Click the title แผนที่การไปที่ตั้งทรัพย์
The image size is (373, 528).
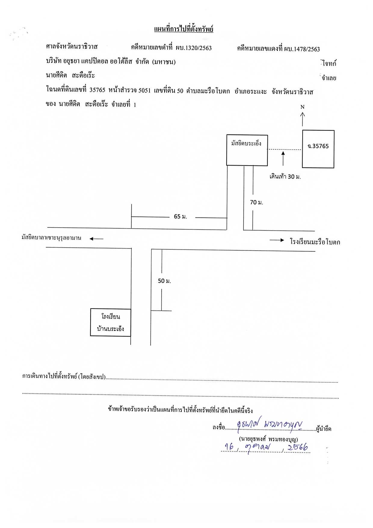pyautogui.click(x=183, y=29)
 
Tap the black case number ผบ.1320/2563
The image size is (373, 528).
pyautogui.click(x=194, y=48)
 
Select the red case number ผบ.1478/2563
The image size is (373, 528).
pyautogui.click(x=302, y=49)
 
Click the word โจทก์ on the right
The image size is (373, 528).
pyautogui.click(x=329, y=63)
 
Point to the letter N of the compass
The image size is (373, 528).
pyautogui.click(x=303, y=107)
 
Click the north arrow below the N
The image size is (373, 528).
pyautogui.click(x=303, y=119)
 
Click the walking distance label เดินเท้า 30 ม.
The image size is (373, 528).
pyautogui.click(x=285, y=176)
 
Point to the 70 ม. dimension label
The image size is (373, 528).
pyautogui.click(x=257, y=202)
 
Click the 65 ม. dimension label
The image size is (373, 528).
pyautogui.click(x=180, y=216)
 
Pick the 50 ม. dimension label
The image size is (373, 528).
pyautogui.click(x=164, y=281)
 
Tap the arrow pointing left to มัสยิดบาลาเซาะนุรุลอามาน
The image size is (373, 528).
pyautogui.click(x=97, y=239)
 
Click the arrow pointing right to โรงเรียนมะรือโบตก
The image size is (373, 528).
pyautogui.click(x=277, y=240)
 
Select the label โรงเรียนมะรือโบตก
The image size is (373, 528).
pyautogui.click(x=315, y=242)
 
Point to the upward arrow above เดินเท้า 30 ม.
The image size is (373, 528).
pyautogui.click(x=283, y=159)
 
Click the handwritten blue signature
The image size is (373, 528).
pyautogui.click(x=270, y=424)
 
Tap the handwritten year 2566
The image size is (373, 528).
pyautogui.click(x=297, y=447)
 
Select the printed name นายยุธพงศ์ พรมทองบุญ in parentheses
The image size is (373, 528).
pyautogui.click(x=268, y=439)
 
